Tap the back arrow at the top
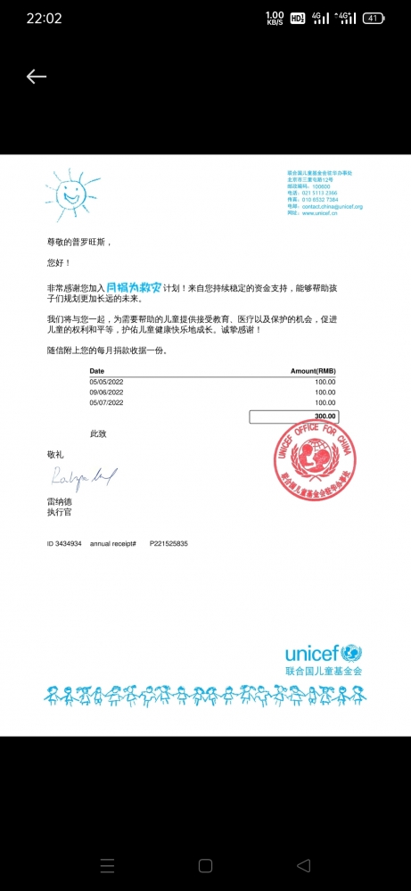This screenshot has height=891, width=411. (36, 77)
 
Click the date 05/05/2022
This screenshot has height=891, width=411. (106, 381)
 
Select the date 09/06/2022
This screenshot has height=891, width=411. (106, 392)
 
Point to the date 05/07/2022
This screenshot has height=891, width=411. (106, 403)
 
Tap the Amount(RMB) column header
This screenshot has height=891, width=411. (313, 370)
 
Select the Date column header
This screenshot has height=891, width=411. (97, 370)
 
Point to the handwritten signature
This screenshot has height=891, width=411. (79, 478)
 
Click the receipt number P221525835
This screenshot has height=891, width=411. (169, 543)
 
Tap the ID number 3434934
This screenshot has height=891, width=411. (69, 543)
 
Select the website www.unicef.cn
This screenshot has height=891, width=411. (318, 213)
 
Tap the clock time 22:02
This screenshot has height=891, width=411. (44, 18)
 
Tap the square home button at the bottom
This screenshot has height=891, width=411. (205, 865)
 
